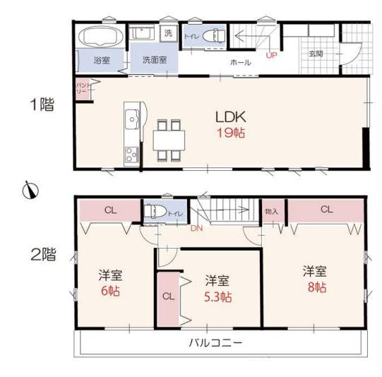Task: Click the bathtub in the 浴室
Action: (x=100, y=36)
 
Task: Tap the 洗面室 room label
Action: (x=154, y=60)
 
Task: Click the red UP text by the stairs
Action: (x=271, y=54)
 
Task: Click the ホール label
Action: (x=240, y=63)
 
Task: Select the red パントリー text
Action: (x=81, y=89)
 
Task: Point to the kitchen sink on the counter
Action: (x=131, y=119)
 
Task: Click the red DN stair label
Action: (x=197, y=229)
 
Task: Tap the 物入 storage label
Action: (x=271, y=211)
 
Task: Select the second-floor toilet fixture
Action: (x=154, y=210)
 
